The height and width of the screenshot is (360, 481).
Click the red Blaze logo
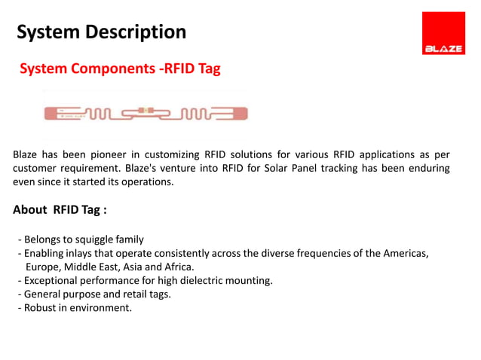click(443, 33)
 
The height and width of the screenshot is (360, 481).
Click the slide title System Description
click(101, 32)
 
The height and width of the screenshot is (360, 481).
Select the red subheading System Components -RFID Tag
click(120, 69)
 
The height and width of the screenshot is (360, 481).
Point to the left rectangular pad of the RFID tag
click(61, 114)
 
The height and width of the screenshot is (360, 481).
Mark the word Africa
click(178, 267)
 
